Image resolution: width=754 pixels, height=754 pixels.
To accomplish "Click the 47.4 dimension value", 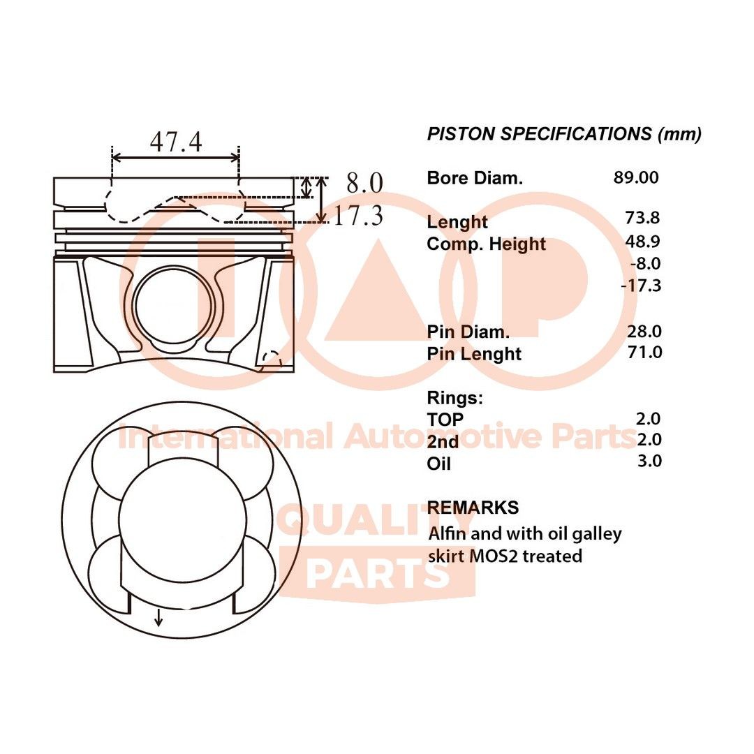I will tap(175, 142).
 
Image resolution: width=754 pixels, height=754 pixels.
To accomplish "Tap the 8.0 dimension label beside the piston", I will tap(364, 184).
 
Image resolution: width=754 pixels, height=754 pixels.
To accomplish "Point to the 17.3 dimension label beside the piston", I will tap(357, 216).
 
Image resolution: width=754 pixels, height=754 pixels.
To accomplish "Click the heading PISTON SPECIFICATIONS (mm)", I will tap(564, 134).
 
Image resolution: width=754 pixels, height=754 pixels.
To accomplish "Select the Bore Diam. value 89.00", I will tap(635, 177).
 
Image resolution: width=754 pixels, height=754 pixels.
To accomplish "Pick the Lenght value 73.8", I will tap(642, 218).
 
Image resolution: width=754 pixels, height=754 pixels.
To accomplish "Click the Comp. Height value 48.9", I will tap(642, 241).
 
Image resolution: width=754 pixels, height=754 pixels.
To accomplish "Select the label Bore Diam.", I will tap(474, 178).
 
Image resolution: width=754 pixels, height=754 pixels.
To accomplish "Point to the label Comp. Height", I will tap(486, 244).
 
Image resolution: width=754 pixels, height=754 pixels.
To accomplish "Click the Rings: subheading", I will tap(454, 398).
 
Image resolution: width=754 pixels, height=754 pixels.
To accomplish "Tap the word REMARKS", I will tap(473, 508).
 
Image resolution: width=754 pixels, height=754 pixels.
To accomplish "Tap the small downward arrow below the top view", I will tap(159, 616).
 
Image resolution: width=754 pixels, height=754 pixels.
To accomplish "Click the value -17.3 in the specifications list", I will tap(640, 286).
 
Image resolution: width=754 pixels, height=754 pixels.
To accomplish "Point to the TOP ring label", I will tap(445, 420).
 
